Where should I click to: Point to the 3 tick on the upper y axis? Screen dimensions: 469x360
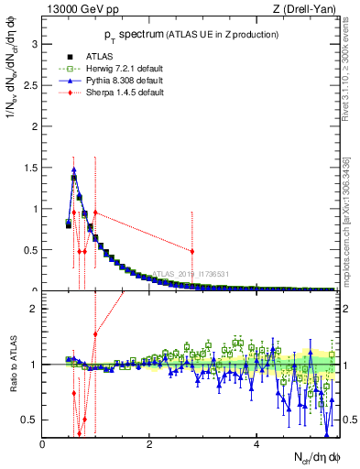(35, 43)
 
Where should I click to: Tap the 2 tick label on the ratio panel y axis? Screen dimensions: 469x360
(35, 309)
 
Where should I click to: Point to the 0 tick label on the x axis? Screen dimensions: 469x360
(43, 444)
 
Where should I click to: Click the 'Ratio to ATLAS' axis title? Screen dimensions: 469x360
(12, 366)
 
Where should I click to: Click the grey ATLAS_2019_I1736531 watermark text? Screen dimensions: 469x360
(191, 273)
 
